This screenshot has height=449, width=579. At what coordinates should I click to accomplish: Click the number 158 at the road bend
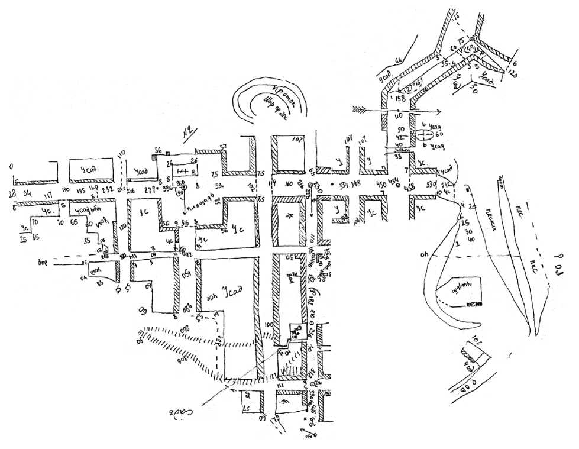[x=400, y=98]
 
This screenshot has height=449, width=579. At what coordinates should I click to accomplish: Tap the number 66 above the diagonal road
[x=398, y=60]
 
